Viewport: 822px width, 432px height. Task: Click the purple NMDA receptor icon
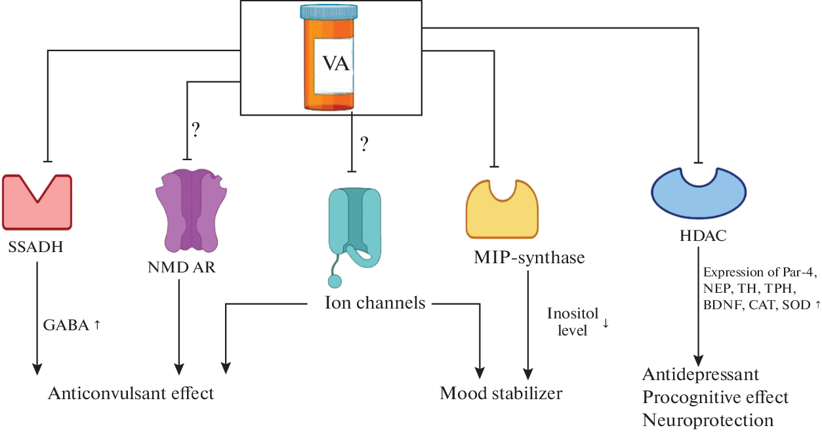pyautogui.click(x=191, y=211)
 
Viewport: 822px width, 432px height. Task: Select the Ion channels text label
pyautogui.click(x=375, y=303)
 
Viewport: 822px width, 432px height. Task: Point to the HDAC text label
pyautogui.click(x=700, y=236)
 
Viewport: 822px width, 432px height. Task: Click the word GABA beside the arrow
pyautogui.click(x=65, y=326)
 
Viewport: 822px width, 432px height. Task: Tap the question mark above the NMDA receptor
pyautogui.click(x=195, y=129)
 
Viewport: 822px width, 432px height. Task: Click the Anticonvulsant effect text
pyautogui.click(x=131, y=393)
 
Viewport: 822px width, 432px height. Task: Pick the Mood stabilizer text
pyautogui.click(x=501, y=393)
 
